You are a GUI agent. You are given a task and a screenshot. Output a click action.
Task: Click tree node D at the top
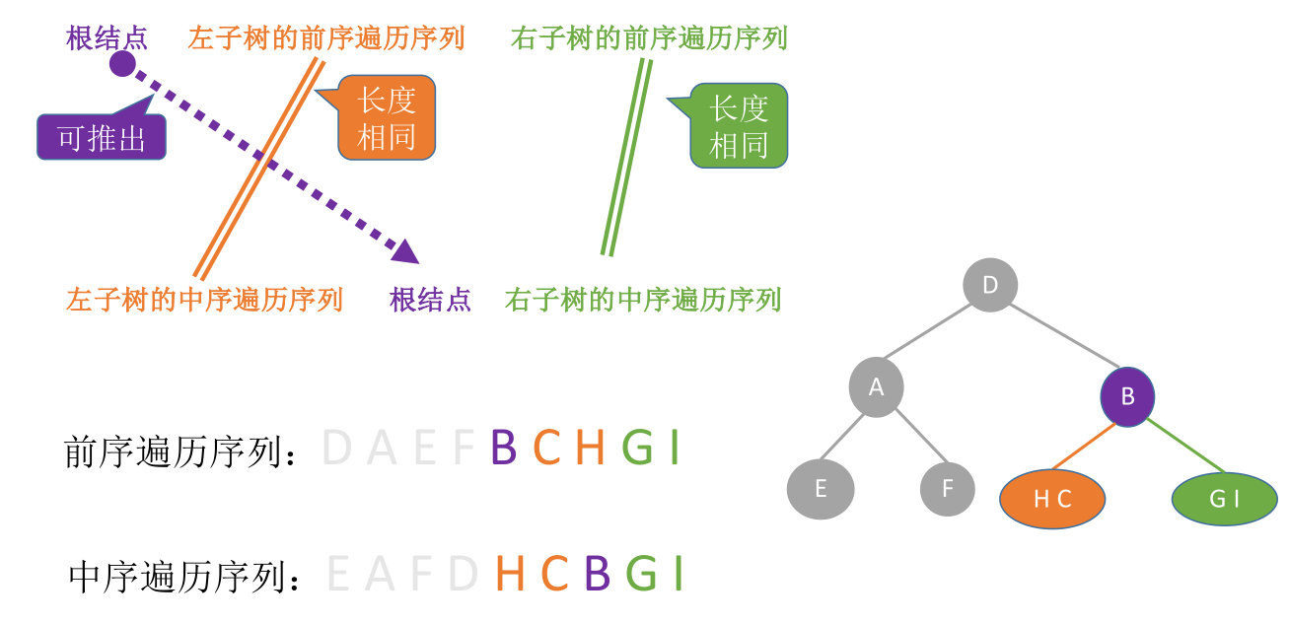point(990,286)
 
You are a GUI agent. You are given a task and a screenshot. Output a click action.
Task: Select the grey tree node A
point(876,386)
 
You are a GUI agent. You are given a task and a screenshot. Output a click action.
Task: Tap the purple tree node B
point(1127,396)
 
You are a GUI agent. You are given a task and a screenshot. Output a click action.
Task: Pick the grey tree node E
point(821,489)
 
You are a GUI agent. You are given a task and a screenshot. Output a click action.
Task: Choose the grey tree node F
point(947,489)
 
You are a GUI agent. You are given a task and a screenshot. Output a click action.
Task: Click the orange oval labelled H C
point(1052,499)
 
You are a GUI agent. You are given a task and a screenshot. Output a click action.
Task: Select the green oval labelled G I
point(1224,499)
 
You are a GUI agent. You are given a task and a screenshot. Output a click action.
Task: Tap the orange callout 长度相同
point(387,117)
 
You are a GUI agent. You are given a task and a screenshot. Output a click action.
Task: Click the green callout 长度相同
point(739,125)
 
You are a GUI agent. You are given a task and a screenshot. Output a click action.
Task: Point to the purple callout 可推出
point(102,138)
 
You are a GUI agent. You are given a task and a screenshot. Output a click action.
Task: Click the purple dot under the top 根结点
point(122,64)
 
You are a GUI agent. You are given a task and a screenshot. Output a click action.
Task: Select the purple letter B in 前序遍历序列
point(503,449)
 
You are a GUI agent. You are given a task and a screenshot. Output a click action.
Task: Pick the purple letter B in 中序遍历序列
point(596,574)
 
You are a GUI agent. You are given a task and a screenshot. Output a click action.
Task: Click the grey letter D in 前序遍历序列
point(337,449)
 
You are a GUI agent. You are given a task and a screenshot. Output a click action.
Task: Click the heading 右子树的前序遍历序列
point(649,38)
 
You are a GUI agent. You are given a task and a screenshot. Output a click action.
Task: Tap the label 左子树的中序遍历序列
point(204,299)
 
